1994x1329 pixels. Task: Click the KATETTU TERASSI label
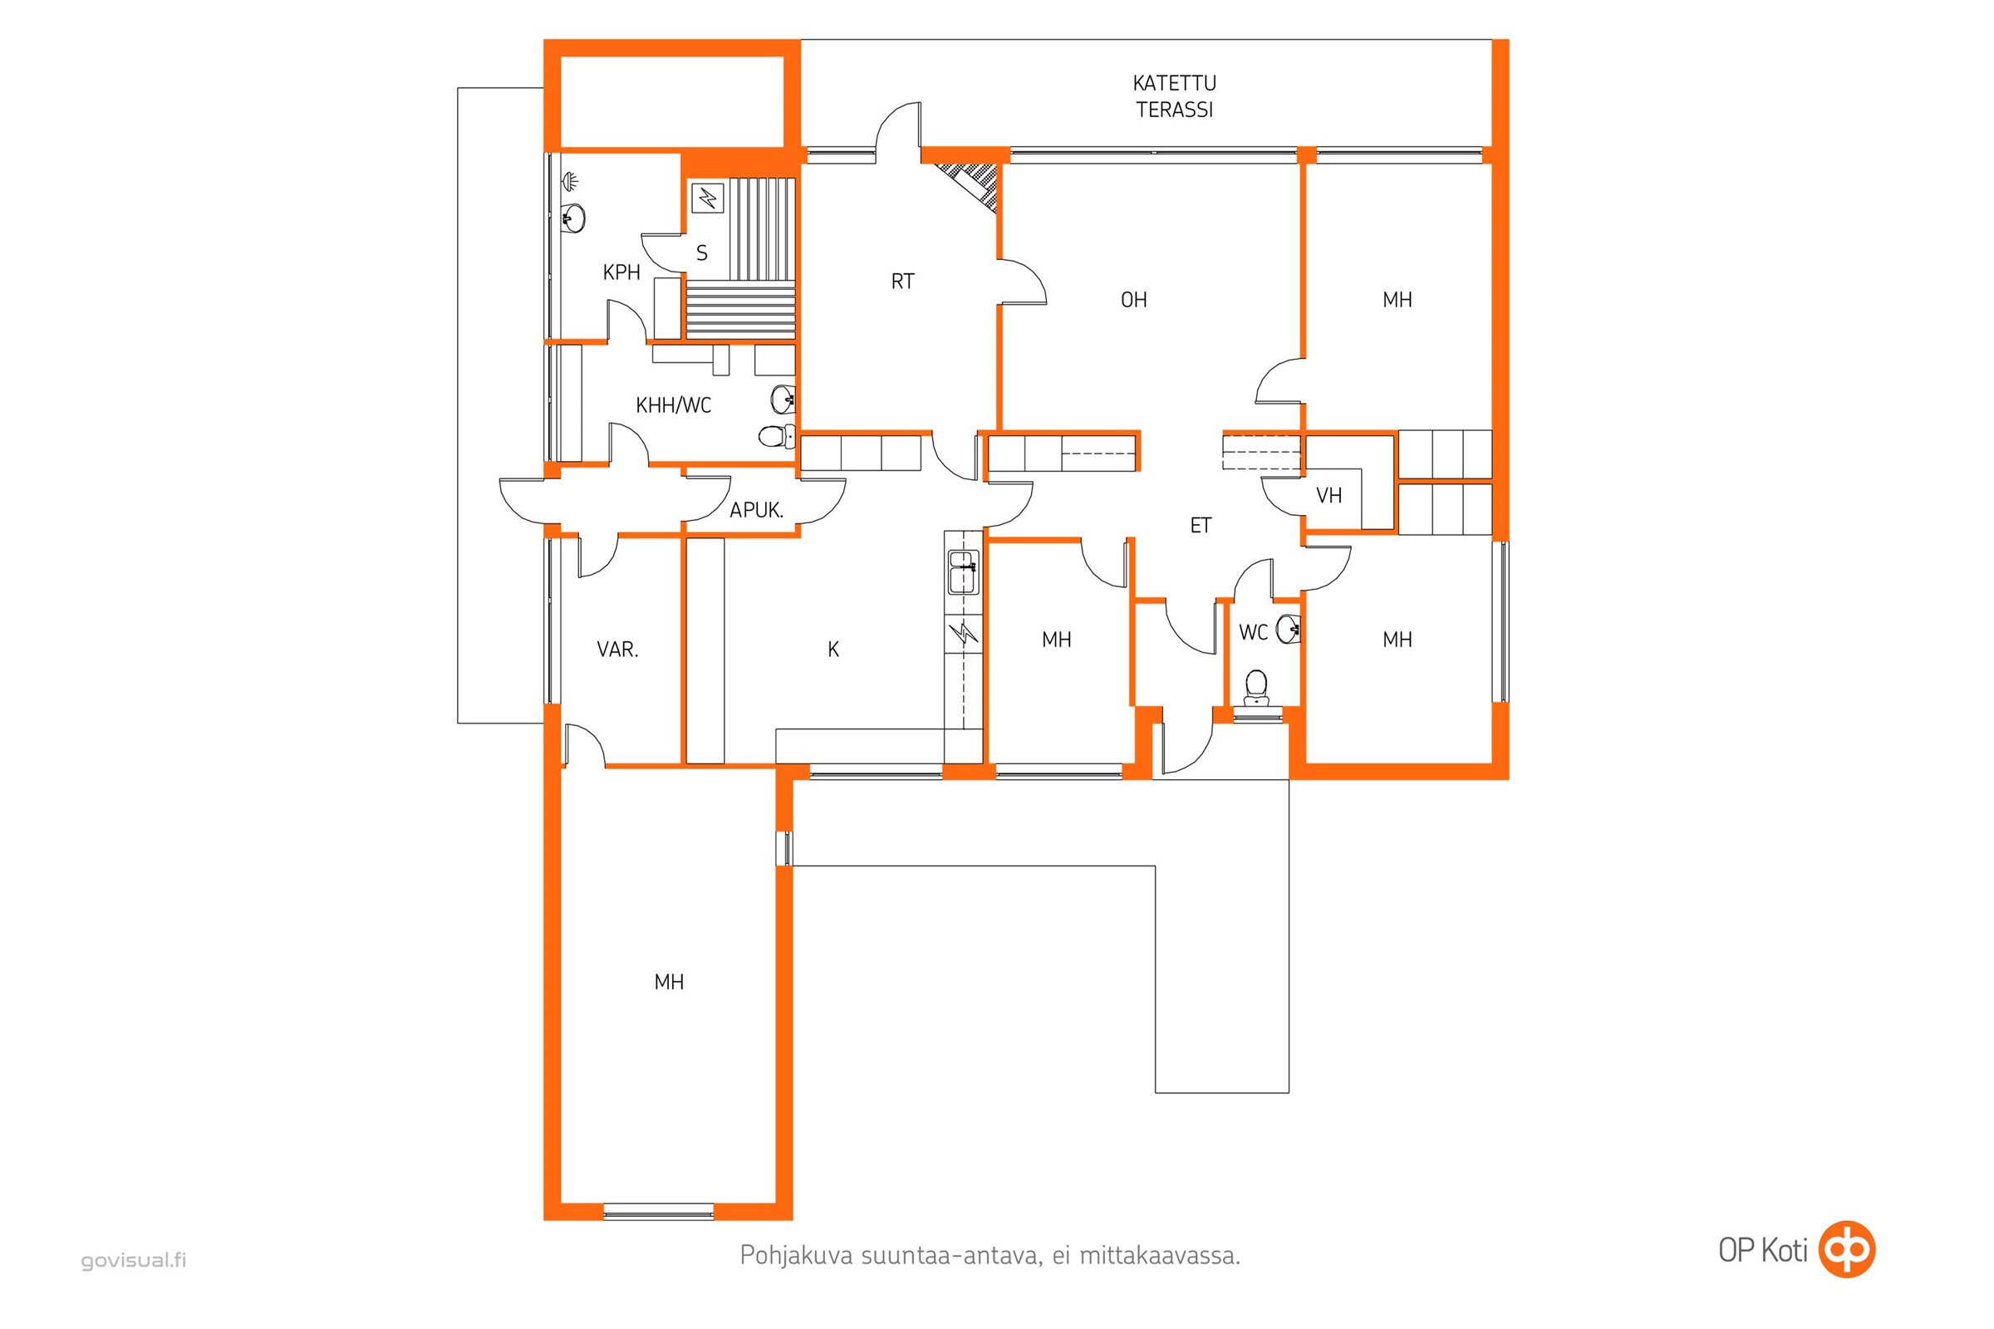pyautogui.click(x=1174, y=96)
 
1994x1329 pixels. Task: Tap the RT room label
pyautogui.click(x=903, y=282)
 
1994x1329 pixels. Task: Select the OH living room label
pyautogui.click(x=1133, y=300)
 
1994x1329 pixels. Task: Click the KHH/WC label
pyautogui.click(x=673, y=405)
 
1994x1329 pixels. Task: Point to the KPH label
pyautogui.click(x=621, y=272)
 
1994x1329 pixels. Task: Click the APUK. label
pyautogui.click(x=756, y=510)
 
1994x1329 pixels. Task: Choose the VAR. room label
pyautogui.click(x=617, y=650)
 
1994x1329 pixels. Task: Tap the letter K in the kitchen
pyautogui.click(x=833, y=650)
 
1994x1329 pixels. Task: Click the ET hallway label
pyautogui.click(x=1201, y=526)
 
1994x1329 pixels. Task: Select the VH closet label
pyautogui.click(x=1329, y=496)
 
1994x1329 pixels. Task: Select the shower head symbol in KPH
pyautogui.click(x=571, y=180)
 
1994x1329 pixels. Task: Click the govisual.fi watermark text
pyautogui.click(x=134, y=1260)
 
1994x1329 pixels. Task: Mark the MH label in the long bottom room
pyautogui.click(x=669, y=983)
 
